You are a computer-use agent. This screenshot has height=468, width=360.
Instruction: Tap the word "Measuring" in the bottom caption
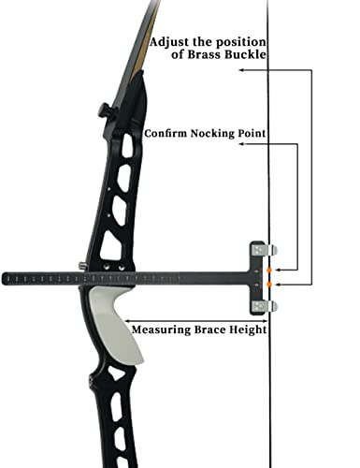pyautogui.click(x=161, y=329)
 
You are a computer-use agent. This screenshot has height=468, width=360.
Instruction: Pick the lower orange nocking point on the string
pyautogui.click(x=270, y=283)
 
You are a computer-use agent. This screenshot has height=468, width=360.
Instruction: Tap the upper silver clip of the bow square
pyautogui.click(x=271, y=248)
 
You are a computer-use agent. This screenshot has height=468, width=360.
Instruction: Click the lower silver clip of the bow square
pyautogui.click(x=271, y=306)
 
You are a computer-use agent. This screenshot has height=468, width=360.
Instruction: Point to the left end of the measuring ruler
pyautogui.click(x=7, y=277)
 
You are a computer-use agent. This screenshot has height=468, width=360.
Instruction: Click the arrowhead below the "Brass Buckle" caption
pyautogui.click(x=240, y=70)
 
